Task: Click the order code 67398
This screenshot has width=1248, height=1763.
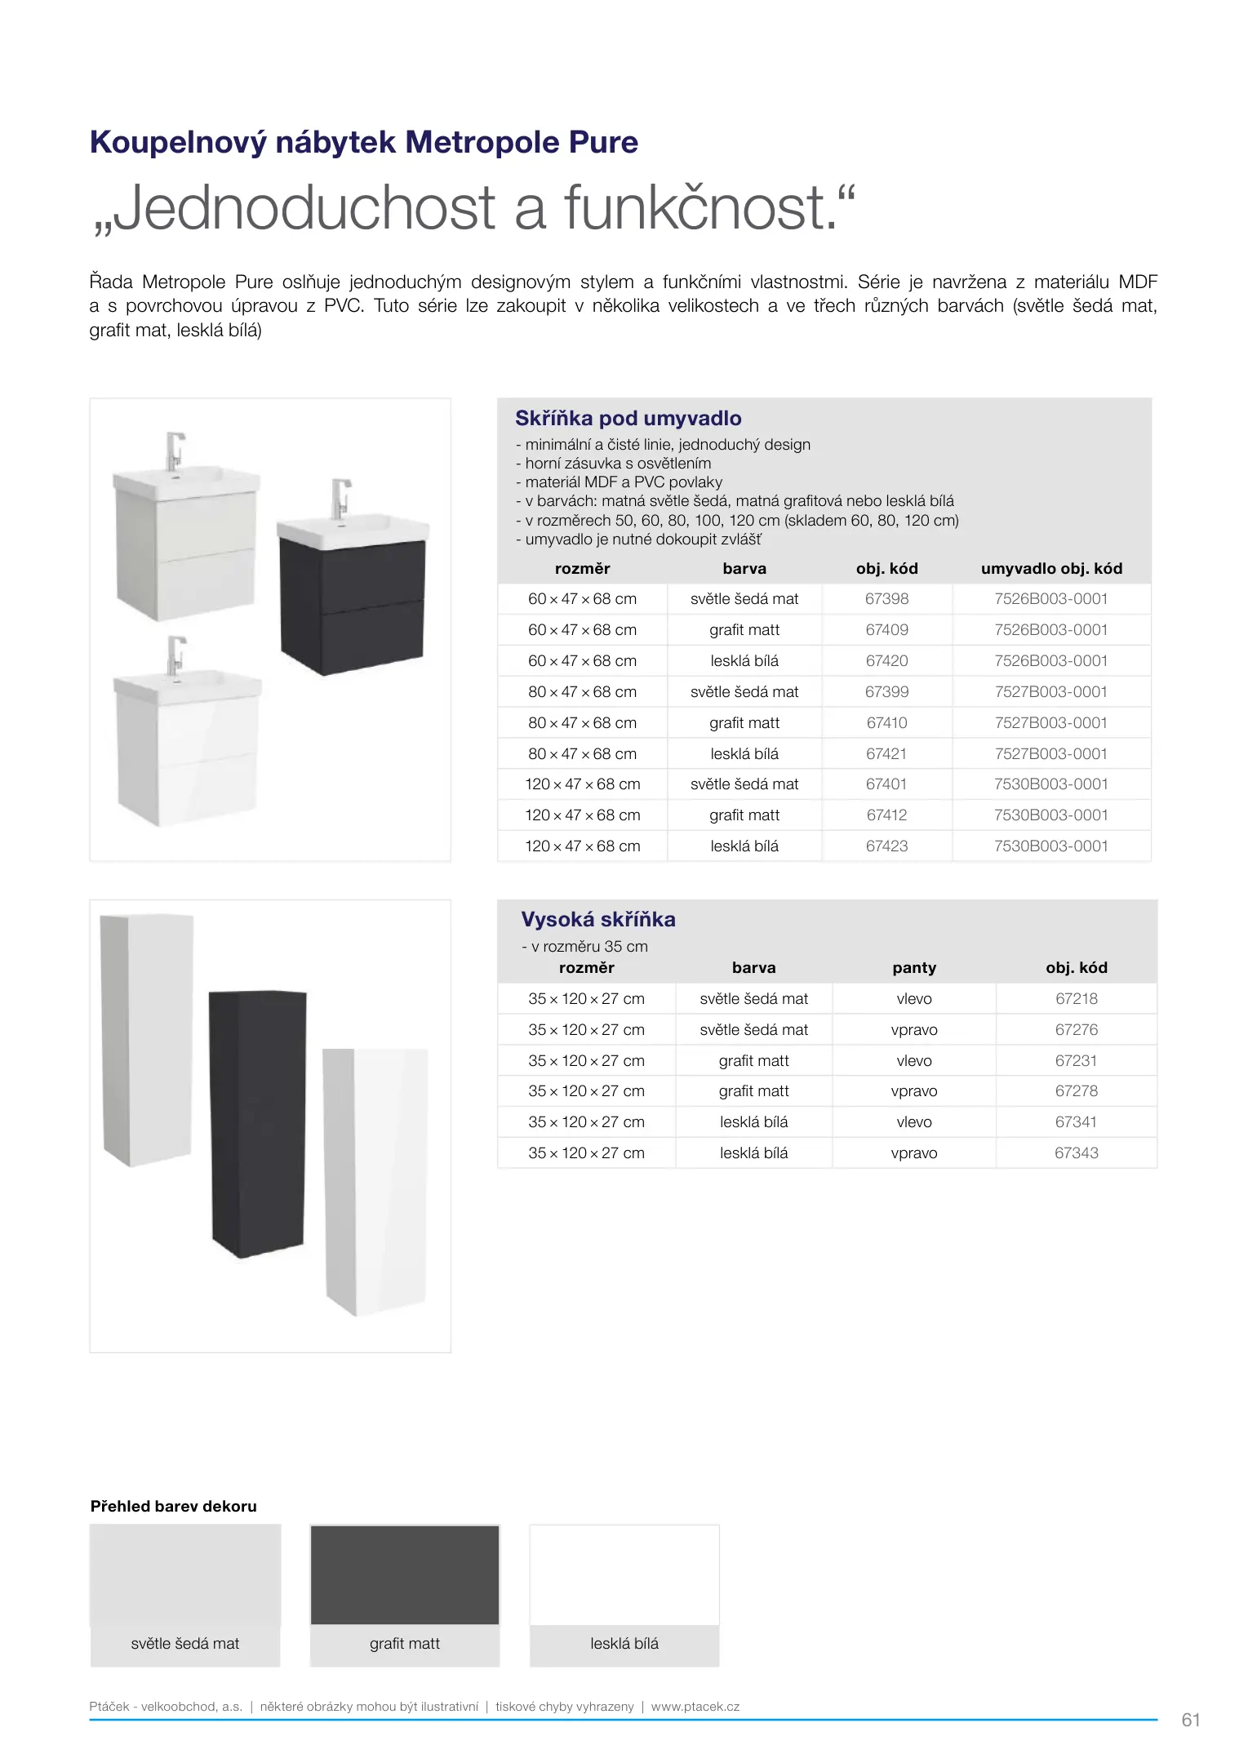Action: click(886, 599)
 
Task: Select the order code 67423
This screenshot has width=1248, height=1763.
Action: click(886, 846)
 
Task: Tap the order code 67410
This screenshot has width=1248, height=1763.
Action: click(886, 723)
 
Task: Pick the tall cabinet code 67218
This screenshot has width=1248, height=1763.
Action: click(1076, 999)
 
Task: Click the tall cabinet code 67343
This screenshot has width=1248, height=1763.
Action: click(1076, 1153)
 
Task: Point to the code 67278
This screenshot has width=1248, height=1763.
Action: click(1076, 1091)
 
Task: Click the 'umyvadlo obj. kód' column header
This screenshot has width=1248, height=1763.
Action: click(1051, 569)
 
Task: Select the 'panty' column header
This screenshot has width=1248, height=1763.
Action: click(913, 968)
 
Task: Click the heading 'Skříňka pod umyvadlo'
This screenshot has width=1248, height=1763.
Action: click(628, 419)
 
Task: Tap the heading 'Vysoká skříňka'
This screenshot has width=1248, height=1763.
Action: click(597, 920)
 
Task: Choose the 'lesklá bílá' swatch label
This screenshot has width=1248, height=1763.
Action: click(624, 1644)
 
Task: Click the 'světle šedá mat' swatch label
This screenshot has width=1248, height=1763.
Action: click(185, 1644)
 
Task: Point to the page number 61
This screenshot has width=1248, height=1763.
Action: click(1190, 1720)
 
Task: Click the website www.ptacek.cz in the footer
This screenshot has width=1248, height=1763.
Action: click(695, 1707)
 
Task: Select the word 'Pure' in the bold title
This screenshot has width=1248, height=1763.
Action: click(603, 143)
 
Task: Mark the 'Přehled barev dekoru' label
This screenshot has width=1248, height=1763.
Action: click(173, 1507)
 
